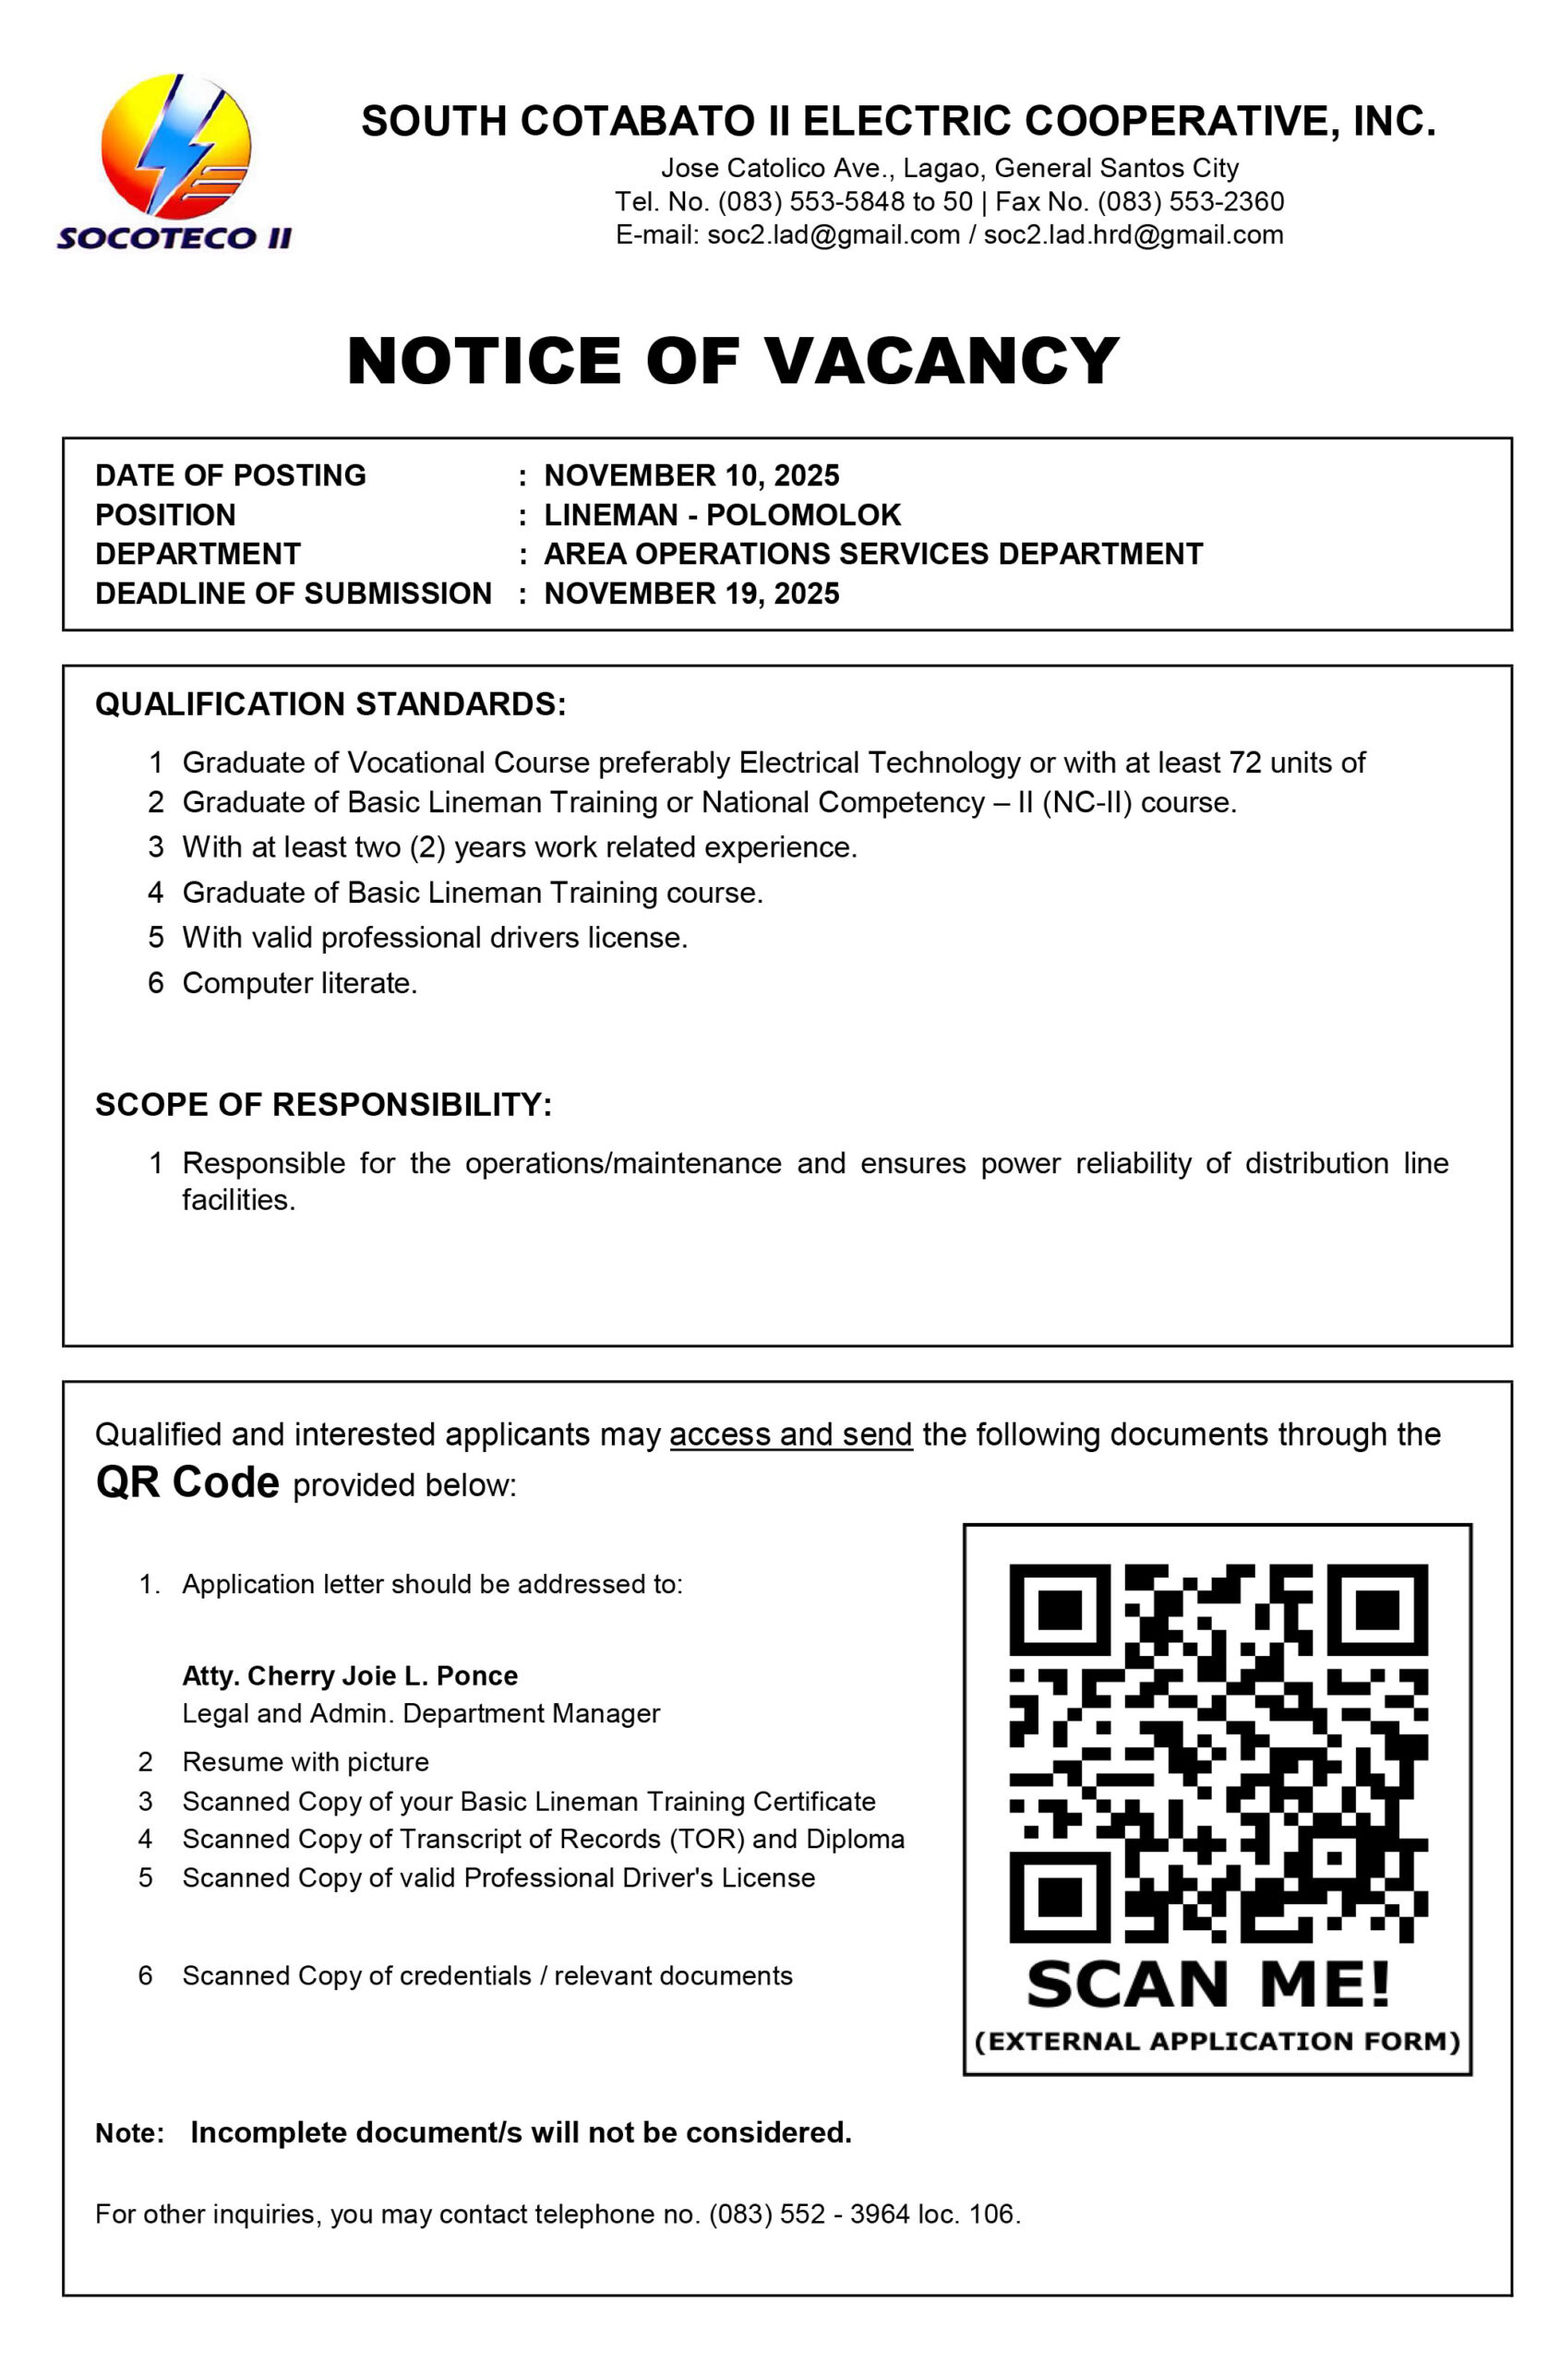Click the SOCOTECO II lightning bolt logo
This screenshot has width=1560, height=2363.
(x=175, y=148)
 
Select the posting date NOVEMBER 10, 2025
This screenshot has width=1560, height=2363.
(x=691, y=475)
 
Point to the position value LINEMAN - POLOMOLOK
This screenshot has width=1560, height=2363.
(x=722, y=514)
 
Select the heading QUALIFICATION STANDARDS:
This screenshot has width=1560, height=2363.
(x=330, y=703)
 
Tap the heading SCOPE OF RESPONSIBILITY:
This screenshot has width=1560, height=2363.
(x=323, y=1104)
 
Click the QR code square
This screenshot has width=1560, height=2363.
(x=1218, y=1753)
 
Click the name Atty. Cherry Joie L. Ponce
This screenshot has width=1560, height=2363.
(x=349, y=1675)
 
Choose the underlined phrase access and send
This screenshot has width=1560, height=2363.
(x=791, y=1433)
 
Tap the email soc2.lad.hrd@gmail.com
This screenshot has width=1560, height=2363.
(x=1134, y=234)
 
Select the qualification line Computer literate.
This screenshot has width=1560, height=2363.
(x=299, y=983)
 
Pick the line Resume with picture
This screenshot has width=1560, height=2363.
(x=306, y=1762)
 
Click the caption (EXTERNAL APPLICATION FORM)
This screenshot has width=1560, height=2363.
(x=1218, y=2042)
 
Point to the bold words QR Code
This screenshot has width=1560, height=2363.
(x=187, y=1482)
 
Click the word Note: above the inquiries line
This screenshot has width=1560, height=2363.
(x=129, y=2133)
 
